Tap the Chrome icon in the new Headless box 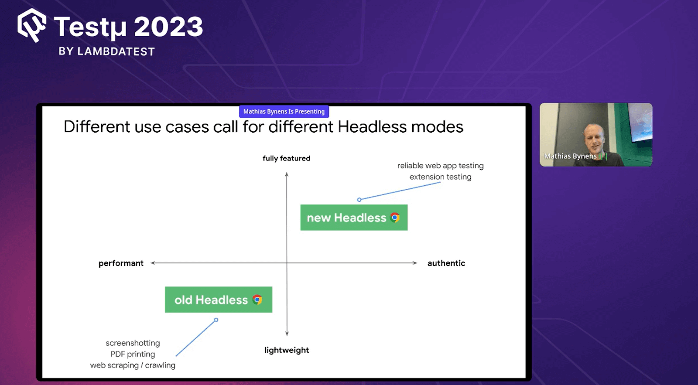[395, 218]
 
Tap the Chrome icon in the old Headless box [257, 300]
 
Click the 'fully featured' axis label [286, 158]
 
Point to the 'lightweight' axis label [287, 350]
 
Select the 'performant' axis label [121, 263]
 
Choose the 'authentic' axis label [446, 263]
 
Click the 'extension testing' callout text [440, 177]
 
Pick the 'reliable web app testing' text [440, 166]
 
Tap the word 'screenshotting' [133, 343]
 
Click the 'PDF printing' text [133, 354]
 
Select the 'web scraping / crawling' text [133, 365]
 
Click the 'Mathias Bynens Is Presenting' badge [284, 112]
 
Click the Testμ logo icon [32, 25]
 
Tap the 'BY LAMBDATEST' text [107, 51]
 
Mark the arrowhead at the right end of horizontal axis [415, 263]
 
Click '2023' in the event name [168, 27]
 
